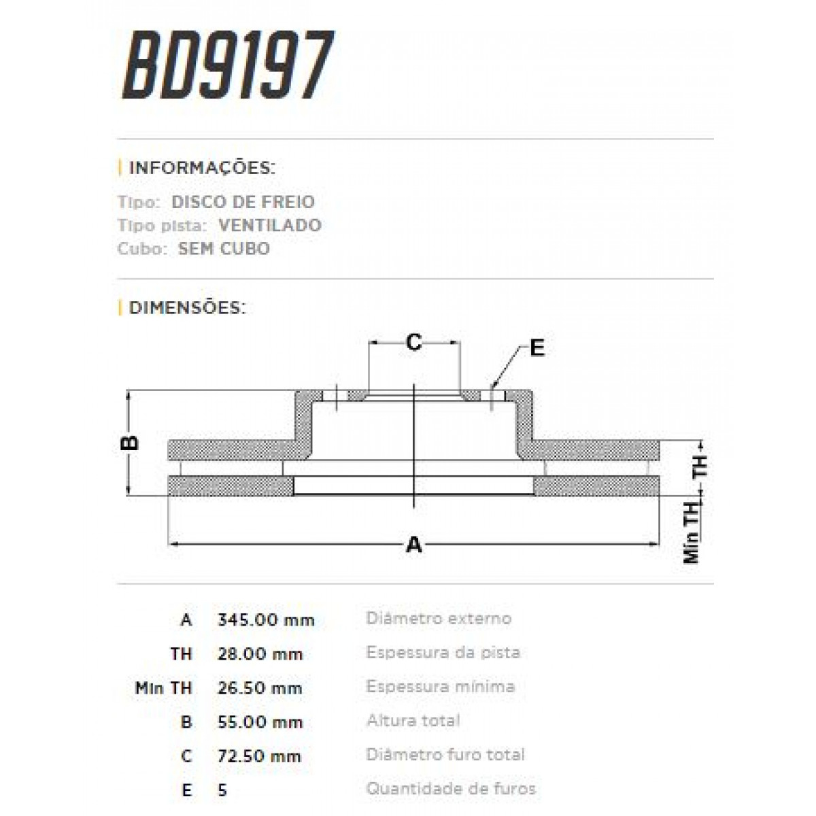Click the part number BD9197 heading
tap(227, 66)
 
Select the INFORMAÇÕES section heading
tap(201, 168)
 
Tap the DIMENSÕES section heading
tap(186, 308)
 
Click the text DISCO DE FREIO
tap(243, 202)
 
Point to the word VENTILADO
tap(270, 225)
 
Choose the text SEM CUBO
tap(224, 248)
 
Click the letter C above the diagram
tap(413, 343)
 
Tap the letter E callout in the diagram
tap(537, 348)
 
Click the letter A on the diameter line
tap(413, 545)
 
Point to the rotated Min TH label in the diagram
tap(692, 533)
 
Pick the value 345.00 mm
tap(266, 620)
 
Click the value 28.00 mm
tap(260, 654)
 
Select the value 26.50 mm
tap(260, 688)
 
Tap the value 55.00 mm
tap(260, 722)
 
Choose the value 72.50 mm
tap(260, 756)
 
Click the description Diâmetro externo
tap(439, 619)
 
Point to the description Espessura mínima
tap(440, 687)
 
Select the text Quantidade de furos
tap(451, 789)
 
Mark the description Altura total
tap(413, 721)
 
